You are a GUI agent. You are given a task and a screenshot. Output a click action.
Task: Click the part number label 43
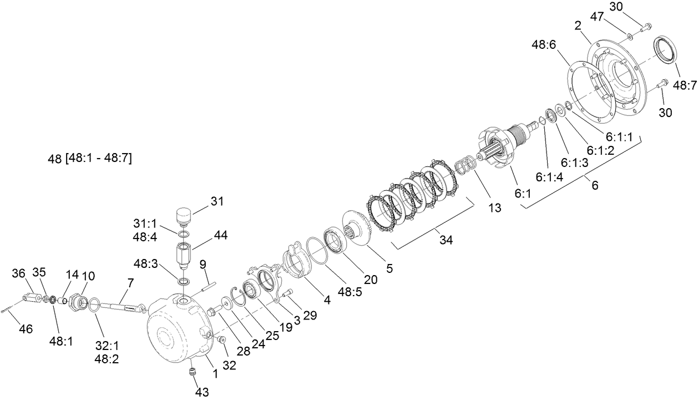pos(202,392)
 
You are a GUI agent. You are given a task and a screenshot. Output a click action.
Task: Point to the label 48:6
pos(544,44)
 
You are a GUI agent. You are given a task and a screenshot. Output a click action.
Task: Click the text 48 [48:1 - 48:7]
pos(90,158)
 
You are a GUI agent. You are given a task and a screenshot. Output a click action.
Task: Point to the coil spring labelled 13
pos(466,164)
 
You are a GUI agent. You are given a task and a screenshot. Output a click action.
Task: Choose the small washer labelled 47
pos(631,37)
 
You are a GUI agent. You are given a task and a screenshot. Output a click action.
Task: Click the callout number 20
pos(371,280)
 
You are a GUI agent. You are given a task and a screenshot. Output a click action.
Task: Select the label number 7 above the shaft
pos(130,283)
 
